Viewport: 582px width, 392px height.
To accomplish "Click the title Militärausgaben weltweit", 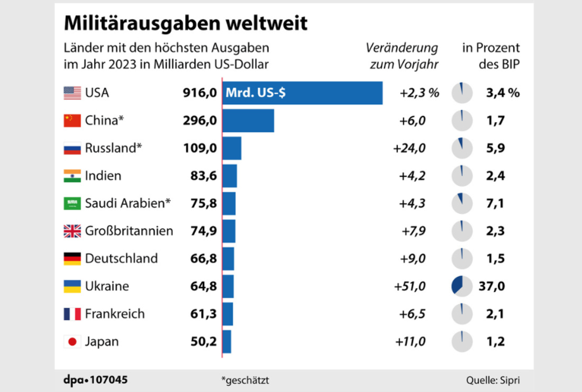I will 185,23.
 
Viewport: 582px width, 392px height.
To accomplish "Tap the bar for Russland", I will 232,149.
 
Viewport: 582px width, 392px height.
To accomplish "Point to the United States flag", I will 72,93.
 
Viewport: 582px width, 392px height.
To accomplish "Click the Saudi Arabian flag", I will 72,204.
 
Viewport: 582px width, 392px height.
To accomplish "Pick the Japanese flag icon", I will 72,342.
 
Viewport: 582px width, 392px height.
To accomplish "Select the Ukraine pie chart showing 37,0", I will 462,286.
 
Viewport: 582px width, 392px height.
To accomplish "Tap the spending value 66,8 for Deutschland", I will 204,259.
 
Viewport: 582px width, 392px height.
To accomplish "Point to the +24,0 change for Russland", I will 409,149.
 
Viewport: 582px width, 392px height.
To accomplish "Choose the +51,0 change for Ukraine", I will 409,286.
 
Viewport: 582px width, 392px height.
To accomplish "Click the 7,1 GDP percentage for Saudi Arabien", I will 495,204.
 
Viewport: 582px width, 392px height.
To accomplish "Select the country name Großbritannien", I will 129,231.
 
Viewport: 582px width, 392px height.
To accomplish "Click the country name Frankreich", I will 115,314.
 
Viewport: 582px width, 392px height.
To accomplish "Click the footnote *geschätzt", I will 245,380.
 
